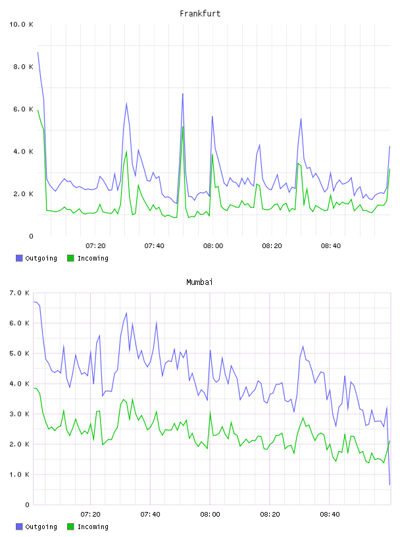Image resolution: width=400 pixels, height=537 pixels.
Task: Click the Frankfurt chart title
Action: click(200, 14)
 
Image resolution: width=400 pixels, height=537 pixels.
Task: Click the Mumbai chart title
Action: click(199, 282)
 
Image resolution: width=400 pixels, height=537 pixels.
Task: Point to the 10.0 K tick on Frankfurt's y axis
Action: click(21, 24)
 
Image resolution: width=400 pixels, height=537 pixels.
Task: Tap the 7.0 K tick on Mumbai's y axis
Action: click(19, 293)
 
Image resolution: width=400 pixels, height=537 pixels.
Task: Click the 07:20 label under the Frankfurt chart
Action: click(95, 246)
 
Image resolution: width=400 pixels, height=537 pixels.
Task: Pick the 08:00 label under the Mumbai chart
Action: click(210, 515)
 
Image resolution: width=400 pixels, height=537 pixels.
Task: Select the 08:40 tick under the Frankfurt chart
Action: click(331, 246)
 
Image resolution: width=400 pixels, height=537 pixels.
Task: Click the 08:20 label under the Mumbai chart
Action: click(270, 515)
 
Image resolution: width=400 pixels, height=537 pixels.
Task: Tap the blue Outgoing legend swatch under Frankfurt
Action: click(19, 258)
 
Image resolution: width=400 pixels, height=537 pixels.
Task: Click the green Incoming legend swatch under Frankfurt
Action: click(70, 258)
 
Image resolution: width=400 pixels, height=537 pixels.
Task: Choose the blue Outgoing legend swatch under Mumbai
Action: click(19, 526)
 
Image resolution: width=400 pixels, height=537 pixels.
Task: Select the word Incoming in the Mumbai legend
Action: click(93, 526)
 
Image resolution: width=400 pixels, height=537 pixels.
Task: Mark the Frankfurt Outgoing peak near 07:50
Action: click(183, 93)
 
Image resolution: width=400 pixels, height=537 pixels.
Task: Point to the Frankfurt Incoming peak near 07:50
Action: click(183, 127)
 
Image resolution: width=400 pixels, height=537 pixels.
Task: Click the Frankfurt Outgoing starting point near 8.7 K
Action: click(37, 53)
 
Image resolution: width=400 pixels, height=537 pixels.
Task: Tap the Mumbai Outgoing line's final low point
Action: click(389, 484)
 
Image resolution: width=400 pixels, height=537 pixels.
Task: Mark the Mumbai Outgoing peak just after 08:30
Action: click(303, 346)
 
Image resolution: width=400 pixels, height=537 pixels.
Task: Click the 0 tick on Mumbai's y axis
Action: click(28, 505)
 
